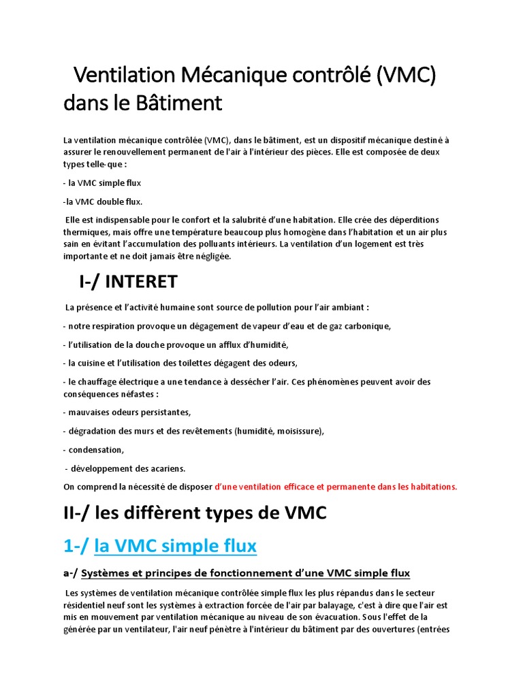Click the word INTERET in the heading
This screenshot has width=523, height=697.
click(147, 281)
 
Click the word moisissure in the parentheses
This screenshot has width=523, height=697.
click(299, 431)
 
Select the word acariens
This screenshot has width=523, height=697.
click(163, 468)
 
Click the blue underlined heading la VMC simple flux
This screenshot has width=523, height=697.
click(176, 545)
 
